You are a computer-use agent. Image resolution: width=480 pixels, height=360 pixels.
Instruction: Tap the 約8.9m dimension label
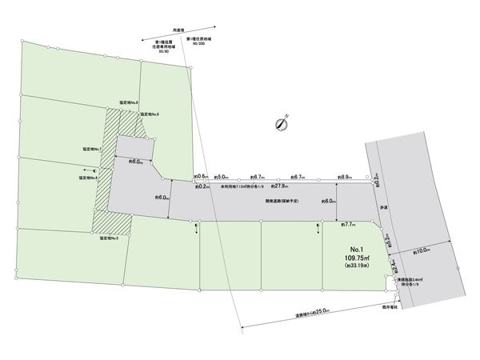click(346, 177)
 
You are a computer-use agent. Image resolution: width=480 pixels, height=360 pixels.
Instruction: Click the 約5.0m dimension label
click(222, 177)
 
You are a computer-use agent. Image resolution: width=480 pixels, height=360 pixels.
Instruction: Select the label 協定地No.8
click(128, 103)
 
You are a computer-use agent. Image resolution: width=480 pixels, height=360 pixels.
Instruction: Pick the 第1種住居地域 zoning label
click(198, 38)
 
